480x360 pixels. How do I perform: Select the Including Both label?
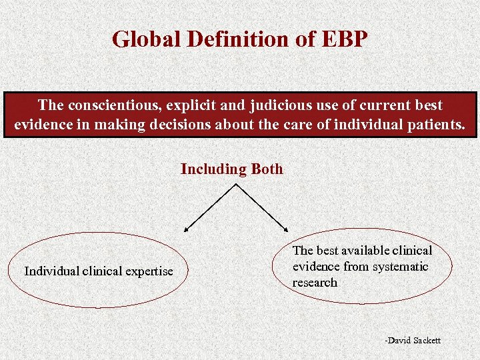[x=232, y=169]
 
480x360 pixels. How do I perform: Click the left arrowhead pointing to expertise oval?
[x=187, y=229]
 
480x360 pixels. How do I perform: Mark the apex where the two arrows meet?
[x=236, y=184]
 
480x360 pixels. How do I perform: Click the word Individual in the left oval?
[x=51, y=271]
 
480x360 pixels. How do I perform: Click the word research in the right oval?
[x=315, y=283]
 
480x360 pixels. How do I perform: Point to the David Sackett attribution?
[x=413, y=341]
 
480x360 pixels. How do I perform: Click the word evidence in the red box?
[x=42, y=125]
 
